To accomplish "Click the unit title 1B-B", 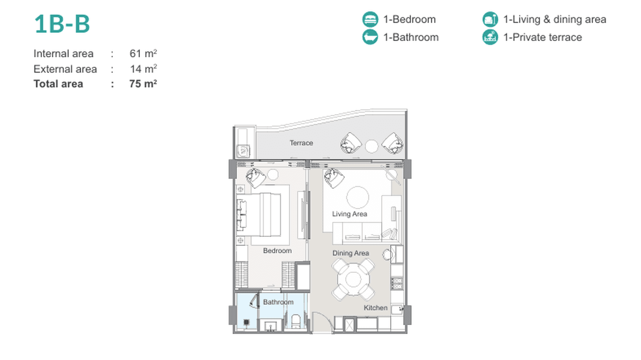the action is [x=62, y=24].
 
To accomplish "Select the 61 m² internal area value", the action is [x=143, y=53].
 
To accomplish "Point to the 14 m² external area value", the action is [x=143, y=69].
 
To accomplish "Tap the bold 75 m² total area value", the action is [x=143, y=84].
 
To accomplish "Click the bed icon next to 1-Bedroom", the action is [x=370, y=19].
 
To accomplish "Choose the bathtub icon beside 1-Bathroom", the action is [x=370, y=37].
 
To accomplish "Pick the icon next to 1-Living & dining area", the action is [x=490, y=19].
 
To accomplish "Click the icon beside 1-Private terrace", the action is [x=490, y=37].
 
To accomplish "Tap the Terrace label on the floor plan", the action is [x=301, y=143].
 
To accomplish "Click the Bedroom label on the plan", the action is [x=278, y=251].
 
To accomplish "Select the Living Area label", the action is [x=350, y=214].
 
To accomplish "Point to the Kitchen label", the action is [x=375, y=307].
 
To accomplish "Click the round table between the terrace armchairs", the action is [x=372, y=146].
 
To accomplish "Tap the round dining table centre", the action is [x=353, y=279].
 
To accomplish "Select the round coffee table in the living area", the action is [x=357, y=197].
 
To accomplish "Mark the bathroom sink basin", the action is [x=270, y=326].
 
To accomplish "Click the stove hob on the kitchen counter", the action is [x=396, y=283].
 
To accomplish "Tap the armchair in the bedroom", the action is [x=256, y=178].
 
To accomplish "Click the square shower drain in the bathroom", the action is [x=246, y=322].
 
